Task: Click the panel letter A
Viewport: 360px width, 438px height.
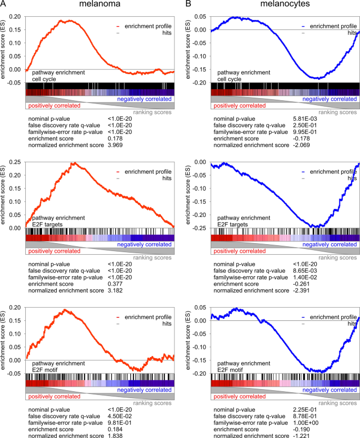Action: tap(4, 5)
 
